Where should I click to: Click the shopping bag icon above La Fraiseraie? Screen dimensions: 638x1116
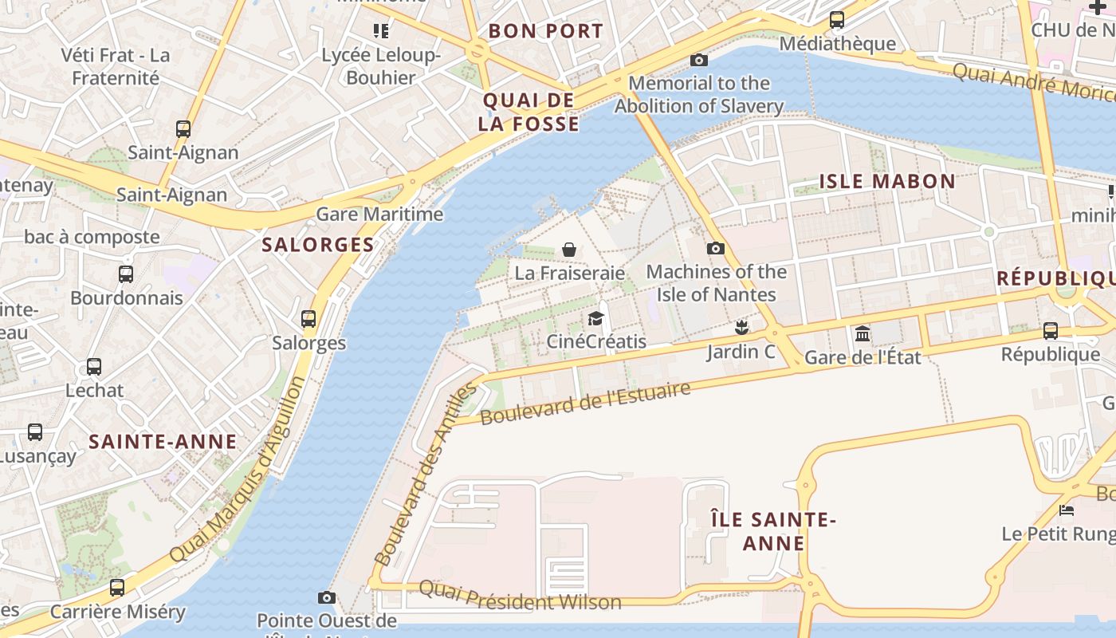point(569,250)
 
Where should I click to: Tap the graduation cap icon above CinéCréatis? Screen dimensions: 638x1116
point(595,319)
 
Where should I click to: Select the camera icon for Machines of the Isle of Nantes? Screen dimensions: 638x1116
point(716,248)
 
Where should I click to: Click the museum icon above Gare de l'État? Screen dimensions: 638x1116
point(863,333)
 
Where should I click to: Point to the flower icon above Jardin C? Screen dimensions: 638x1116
point(741,327)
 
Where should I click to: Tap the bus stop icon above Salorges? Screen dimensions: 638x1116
point(308,319)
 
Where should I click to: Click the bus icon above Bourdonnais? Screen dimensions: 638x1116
point(126,274)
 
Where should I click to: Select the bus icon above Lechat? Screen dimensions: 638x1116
point(94,367)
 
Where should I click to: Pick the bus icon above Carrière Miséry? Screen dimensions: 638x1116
point(117,588)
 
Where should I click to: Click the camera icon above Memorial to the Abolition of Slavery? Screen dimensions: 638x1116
point(699,60)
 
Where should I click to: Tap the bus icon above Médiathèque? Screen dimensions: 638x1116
point(837,20)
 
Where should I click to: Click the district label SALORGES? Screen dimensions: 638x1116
point(318,245)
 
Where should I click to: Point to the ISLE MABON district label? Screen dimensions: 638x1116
point(887,181)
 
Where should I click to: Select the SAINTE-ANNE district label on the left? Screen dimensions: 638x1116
point(163,442)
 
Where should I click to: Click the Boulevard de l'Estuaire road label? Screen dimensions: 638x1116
point(585,403)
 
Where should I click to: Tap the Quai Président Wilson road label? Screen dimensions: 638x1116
point(520,595)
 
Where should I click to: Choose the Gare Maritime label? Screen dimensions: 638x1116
point(379,214)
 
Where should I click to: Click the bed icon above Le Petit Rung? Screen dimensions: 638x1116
point(1067,510)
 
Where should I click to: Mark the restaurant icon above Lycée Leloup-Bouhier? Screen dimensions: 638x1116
point(381,31)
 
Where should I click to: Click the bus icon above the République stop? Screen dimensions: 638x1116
point(1051,330)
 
